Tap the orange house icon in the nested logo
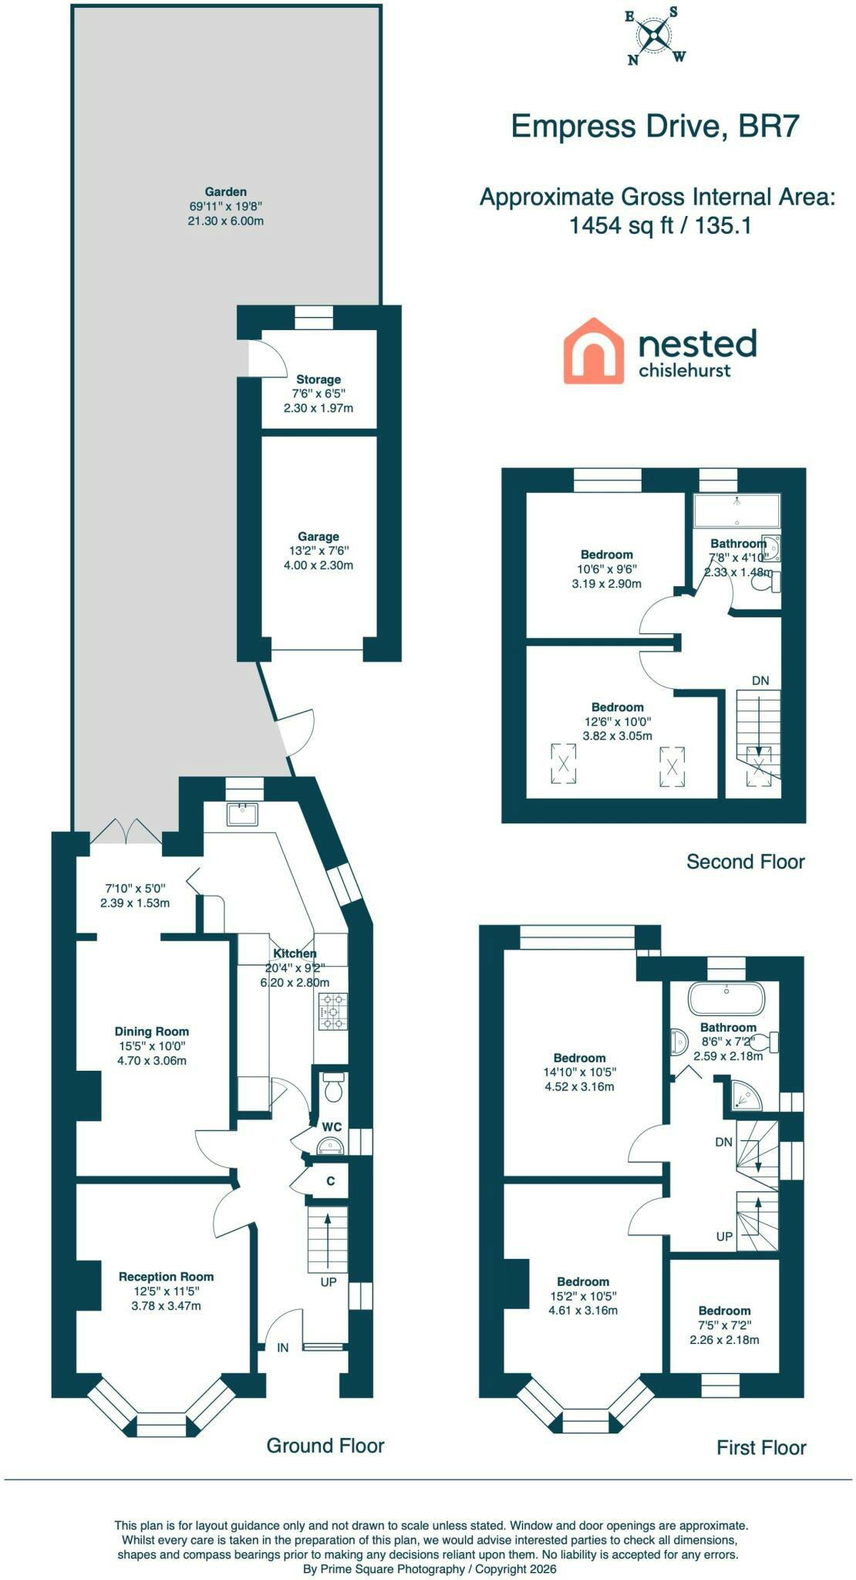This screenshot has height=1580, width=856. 593,351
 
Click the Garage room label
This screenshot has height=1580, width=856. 318,536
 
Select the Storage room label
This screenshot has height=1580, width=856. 318,380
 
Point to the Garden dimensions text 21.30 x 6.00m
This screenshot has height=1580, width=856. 227,221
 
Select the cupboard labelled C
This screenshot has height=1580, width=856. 330,1181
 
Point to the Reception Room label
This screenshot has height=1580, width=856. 166,1277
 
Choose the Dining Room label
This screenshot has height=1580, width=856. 152,1031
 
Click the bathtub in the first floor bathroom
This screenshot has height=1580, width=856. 726,998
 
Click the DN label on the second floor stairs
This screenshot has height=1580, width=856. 760,680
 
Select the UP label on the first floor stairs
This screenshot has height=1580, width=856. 724,1236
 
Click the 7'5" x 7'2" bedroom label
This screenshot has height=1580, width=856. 724,1325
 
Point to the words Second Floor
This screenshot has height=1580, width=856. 746,862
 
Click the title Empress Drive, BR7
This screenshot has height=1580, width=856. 655,126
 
